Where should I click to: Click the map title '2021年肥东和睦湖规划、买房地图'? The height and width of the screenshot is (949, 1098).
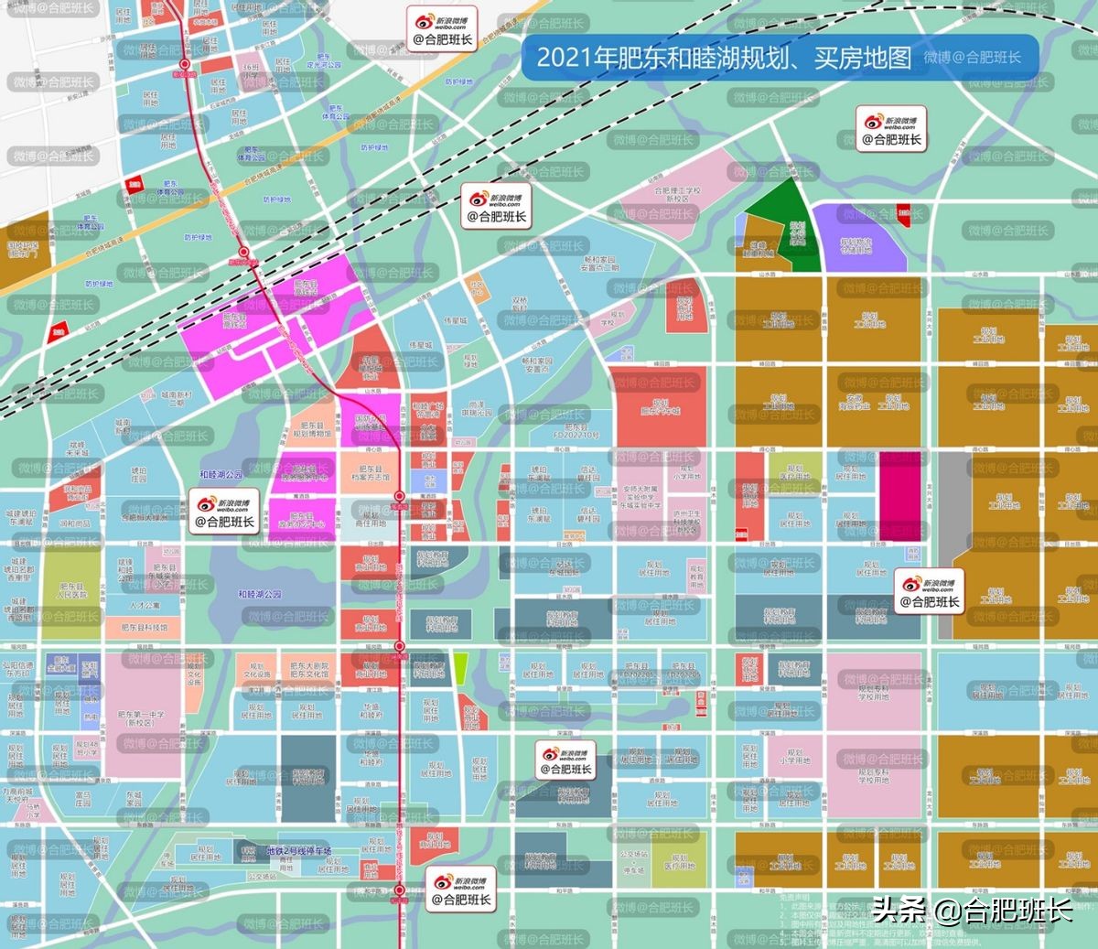(x=723, y=57)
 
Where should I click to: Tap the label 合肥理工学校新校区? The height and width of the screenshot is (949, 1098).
(x=677, y=194)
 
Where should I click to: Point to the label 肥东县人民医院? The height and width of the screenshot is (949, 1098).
(x=72, y=590)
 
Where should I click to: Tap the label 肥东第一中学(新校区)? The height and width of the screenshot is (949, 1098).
(x=141, y=718)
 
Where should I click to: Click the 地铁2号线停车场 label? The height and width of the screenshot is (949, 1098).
(x=298, y=851)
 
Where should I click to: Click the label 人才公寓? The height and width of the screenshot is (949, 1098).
(x=145, y=606)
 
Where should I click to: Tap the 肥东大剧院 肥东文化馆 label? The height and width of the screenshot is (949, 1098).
(x=309, y=670)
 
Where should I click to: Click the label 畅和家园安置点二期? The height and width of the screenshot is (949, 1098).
(x=599, y=264)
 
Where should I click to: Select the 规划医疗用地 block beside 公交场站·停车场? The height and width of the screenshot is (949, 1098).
(x=678, y=859)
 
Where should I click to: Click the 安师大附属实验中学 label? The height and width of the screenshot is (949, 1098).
(x=640, y=497)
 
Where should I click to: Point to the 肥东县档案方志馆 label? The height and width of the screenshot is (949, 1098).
(x=371, y=473)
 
